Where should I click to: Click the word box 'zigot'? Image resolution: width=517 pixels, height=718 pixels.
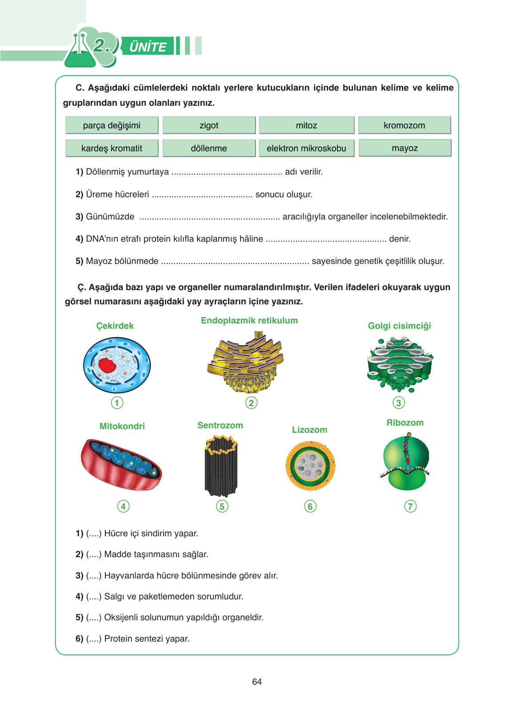tap(209, 125)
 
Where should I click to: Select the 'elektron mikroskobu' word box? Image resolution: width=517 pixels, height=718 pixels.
tap(306, 148)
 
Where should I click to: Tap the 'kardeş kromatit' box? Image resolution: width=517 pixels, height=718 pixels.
tap(112, 148)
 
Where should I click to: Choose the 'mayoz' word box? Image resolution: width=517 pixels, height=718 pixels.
tap(405, 148)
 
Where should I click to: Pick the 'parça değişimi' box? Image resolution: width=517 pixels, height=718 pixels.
tap(112, 125)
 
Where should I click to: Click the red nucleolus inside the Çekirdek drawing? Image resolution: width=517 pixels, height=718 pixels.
tap(107, 365)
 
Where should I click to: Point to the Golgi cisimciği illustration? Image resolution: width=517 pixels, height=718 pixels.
tap(400, 363)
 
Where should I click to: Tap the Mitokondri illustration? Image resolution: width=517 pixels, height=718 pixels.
tap(121, 464)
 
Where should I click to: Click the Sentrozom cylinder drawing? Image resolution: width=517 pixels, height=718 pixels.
tap(221, 466)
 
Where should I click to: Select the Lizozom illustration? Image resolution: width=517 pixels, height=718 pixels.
tap(310, 466)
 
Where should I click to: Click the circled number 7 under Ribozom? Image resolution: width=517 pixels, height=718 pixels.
tap(410, 506)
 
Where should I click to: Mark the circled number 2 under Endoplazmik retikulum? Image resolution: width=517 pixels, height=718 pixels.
tap(251, 403)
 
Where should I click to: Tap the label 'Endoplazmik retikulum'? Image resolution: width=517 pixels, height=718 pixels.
tap(249, 321)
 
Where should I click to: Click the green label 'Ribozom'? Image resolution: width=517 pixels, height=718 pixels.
tap(405, 423)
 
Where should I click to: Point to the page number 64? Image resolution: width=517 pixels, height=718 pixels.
tap(257, 682)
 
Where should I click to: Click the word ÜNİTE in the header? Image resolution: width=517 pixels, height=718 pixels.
tap(148, 47)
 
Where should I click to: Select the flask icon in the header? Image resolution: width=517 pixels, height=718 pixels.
tap(80, 51)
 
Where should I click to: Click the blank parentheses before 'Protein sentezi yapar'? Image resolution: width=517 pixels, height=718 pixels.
tap(94, 639)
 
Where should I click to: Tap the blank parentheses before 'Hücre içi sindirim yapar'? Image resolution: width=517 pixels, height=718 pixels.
tap(94, 534)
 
